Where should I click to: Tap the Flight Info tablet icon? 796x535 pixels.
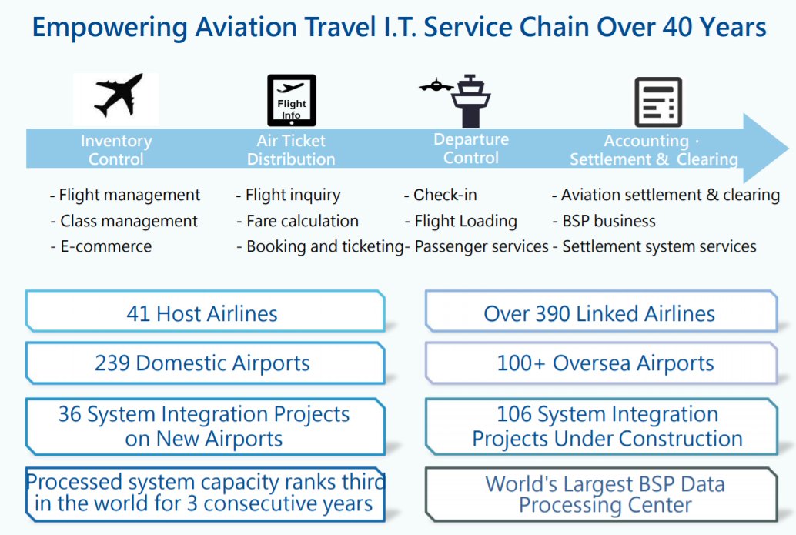click(x=291, y=100)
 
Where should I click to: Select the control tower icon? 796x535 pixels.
click(x=469, y=101)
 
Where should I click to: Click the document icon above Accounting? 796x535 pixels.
click(x=658, y=102)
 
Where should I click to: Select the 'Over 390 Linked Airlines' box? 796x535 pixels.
click(x=600, y=313)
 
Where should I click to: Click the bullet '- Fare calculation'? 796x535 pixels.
click(x=297, y=221)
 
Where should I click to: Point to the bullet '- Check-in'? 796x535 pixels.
click(x=440, y=195)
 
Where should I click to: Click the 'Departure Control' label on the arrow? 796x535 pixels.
click(x=471, y=149)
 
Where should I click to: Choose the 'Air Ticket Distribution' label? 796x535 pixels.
click(x=291, y=150)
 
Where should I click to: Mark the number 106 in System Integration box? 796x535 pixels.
click(x=514, y=414)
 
